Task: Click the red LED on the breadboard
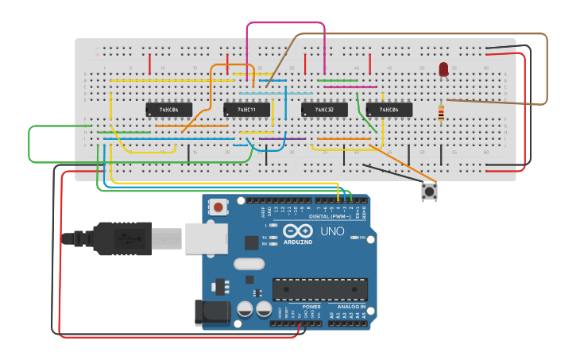point(443,70)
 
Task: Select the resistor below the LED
point(441,114)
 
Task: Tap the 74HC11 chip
point(246,109)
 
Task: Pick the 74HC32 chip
point(324,109)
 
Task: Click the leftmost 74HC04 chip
point(168,109)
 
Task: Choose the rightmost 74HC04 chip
point(389,109)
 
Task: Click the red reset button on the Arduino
point(218,207)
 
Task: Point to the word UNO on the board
point(331,231)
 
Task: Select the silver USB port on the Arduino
point(207,238)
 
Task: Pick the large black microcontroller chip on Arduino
point(319,289)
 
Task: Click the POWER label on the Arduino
point(311,306)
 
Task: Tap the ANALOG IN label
point(350,306)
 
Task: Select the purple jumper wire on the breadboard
point(271,139)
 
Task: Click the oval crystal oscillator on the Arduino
point(249,263)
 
